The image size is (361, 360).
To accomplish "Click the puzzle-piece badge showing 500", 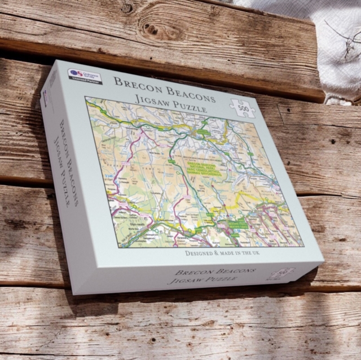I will [243, 106].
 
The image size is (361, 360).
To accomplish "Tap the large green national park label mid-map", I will [202, 166].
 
